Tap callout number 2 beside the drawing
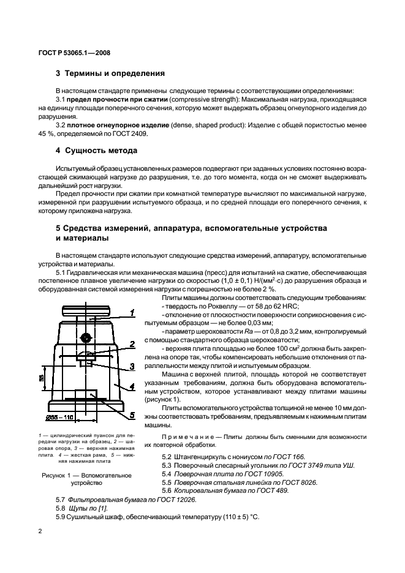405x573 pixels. pyautogui.click(x=132, y=345)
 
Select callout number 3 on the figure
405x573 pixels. pyautogui.click(x=131, y=366)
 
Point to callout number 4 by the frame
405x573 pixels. pyautogui.click(x=131, y=387)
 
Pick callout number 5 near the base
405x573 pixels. pyautogui.click(x=131, y=414)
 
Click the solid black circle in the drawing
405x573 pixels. pyautogui.click(x=88, y=337)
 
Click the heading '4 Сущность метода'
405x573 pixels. pyautogui.click(x=96, y=150)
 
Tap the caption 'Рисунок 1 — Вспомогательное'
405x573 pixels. pyautogui.click(x=87, y=475)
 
